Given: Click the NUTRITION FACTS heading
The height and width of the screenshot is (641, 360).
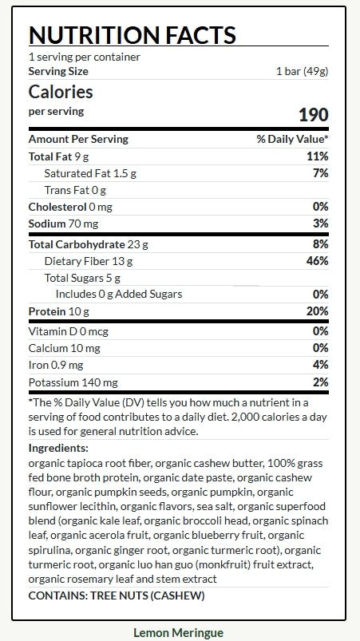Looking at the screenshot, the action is point(133,35).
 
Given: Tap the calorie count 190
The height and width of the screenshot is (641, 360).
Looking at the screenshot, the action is point(314,115).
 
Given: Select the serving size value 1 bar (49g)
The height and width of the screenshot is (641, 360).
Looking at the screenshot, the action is point(303,72).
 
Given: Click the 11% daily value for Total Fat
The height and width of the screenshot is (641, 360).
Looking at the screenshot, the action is point(318,156).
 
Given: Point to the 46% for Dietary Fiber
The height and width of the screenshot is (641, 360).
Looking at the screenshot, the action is point(317,261).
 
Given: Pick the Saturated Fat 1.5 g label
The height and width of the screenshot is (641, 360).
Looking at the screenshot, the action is point(90,173).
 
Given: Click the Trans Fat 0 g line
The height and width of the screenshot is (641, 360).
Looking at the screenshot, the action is point(75,190).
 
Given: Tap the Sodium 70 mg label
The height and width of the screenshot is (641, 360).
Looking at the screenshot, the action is point(63,224).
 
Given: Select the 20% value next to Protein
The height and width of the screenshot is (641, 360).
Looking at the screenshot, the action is point(317,311).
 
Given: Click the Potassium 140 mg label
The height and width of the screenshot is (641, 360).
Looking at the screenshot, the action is point(73,382).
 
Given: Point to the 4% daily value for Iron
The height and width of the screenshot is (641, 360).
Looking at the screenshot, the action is point(321,365).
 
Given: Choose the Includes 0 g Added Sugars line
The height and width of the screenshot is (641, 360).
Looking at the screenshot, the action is point(119,295).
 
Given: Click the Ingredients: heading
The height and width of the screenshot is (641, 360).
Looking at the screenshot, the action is point(58,448).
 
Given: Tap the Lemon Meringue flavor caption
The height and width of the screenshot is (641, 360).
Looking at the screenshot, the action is point(179,632).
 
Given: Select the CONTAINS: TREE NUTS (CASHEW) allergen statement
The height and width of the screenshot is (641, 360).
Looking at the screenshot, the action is point(117,595).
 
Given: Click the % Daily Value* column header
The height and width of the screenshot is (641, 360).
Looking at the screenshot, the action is point(293,139).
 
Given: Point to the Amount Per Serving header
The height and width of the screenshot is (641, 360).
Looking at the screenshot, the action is point(78,139).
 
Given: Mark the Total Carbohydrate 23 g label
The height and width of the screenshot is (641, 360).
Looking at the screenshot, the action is point(89,244).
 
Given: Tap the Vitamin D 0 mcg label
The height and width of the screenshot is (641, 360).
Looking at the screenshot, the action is point(68,331).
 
